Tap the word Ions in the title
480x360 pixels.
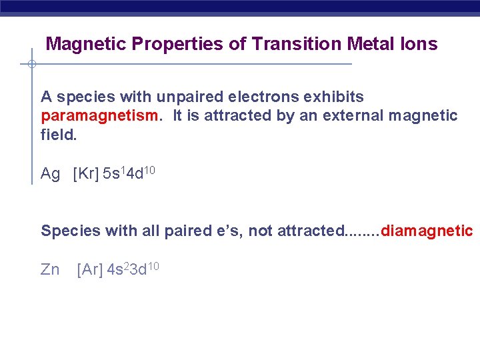419,45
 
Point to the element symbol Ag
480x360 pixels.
50,174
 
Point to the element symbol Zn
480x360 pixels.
50,270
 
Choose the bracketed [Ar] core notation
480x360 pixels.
90,270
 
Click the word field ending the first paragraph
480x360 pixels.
57,135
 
